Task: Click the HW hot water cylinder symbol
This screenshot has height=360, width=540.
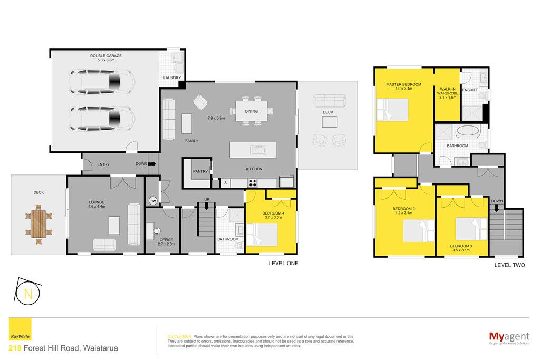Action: coord(153,201)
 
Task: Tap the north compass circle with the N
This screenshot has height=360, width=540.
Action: coord(28,294)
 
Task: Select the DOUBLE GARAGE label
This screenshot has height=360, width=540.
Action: coord(105,56)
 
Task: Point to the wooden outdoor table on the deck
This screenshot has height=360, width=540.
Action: coord(38,224)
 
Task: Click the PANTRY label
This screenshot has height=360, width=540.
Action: coord(200,171)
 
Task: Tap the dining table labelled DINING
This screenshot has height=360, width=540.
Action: coord(252,111)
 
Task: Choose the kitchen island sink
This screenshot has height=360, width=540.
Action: coord(258,150)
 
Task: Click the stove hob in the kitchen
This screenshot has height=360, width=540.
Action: coord(253,183)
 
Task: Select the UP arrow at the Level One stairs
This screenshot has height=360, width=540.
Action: coord(207,206)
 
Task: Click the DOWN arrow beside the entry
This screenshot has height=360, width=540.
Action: coord(152,164)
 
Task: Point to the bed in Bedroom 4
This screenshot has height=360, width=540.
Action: coord(262,235)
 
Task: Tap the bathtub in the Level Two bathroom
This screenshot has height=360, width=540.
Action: coord(467,132)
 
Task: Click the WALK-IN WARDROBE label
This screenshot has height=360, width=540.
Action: coord(448,91)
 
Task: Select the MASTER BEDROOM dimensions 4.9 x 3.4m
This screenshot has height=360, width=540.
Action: coord(403,89)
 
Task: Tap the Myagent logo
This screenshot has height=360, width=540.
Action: coord(509,338)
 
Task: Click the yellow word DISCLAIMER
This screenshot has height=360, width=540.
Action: coord(179,337)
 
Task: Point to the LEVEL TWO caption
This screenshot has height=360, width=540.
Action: coord(510,265)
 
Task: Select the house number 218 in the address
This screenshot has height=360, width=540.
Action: coord(15,348)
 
